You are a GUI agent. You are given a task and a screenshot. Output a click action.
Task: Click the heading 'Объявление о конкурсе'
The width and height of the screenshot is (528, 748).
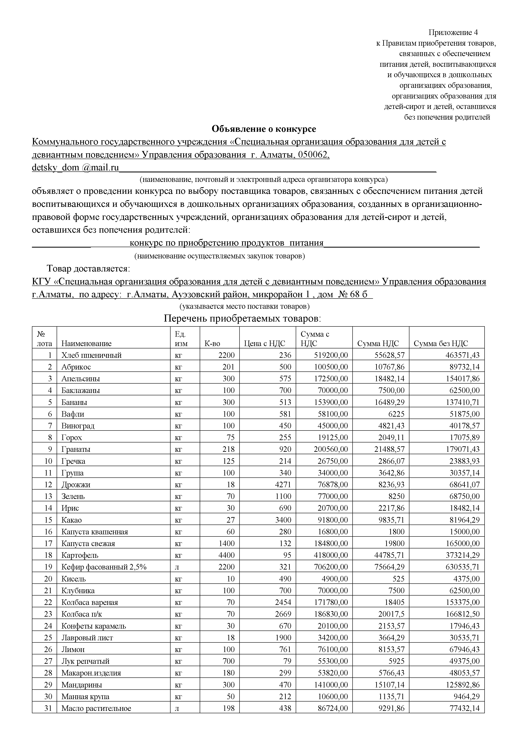pos(264,129)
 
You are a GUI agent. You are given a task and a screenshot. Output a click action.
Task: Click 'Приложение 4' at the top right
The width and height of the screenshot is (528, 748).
pos(453,32)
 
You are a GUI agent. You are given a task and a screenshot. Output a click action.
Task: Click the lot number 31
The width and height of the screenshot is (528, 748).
pos(48,708)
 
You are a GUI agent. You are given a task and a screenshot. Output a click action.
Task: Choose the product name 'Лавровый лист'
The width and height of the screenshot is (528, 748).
pos(87,638)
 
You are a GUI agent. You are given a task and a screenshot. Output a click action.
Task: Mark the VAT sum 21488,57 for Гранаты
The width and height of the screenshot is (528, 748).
pos(389,449)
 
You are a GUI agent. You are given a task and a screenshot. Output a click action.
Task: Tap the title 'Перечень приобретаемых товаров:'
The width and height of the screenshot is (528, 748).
pos(242,318)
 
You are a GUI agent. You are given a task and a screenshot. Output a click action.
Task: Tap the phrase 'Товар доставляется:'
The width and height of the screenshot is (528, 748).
pos(89,269)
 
